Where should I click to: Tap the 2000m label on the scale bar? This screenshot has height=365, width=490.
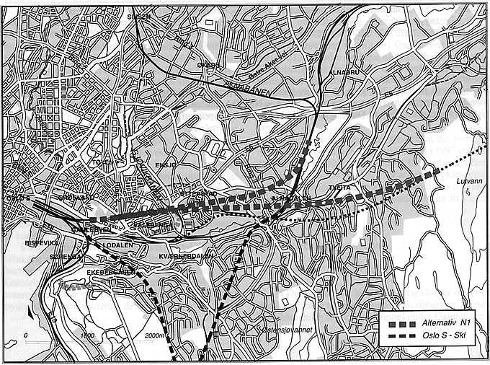point(154,336)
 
